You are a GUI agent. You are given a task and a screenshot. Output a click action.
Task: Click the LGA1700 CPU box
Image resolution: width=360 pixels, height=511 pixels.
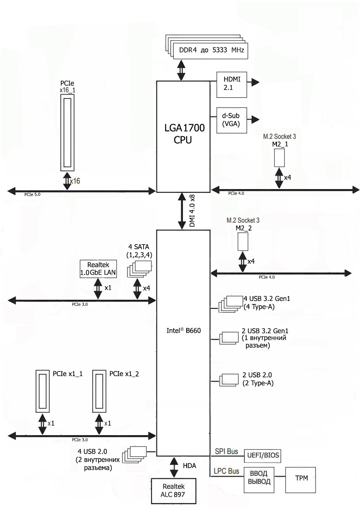[183, 134]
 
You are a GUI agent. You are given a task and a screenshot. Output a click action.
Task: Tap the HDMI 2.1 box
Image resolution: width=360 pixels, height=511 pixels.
[231, 83]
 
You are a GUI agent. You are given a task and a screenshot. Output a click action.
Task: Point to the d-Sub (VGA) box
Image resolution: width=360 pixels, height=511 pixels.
[231, 120]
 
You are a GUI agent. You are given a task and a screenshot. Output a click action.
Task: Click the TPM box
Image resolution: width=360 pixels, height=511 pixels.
[300, 477]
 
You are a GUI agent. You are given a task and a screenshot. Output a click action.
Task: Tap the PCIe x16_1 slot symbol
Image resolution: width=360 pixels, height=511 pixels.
[68, 132]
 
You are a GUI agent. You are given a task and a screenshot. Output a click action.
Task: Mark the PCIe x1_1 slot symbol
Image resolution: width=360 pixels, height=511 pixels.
[42, 391]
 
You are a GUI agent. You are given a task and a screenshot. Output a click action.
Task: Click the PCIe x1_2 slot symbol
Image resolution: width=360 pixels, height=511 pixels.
[99, 391]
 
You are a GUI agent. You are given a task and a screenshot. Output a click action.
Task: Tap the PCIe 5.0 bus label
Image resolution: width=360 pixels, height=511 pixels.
[32, 195]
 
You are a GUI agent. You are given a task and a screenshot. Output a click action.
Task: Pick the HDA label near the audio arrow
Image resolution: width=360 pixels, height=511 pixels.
[190, 465]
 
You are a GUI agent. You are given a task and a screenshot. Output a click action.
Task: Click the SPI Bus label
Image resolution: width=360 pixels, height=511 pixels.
[226, 451]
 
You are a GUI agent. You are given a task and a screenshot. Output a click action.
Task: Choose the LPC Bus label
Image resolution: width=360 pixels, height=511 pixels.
[227, 471]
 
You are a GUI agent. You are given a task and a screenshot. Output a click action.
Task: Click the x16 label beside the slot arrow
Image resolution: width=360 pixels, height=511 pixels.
[75, 181]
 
